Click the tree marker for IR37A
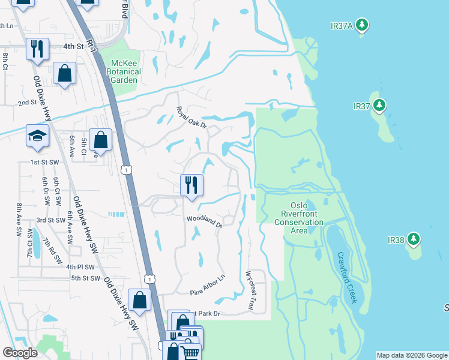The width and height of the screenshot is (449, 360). (x=361, y=25)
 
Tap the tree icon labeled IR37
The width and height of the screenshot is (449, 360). (x=379, y=106)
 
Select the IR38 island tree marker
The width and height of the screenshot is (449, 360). (x=413, y=240)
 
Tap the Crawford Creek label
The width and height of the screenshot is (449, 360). (x=346, y=277)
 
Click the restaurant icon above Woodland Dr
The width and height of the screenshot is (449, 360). (x=191, y=185)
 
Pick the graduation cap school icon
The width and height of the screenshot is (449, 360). (x=37, y=136)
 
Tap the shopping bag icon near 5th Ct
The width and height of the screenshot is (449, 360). (x=101, y=140)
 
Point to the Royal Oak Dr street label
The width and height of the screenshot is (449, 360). (x=191, y=118)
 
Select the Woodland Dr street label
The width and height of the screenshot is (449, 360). (x=204, y=221)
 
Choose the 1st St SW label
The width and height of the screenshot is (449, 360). (x=43, y=163)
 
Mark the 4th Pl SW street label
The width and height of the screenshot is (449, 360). (x=80, y=266)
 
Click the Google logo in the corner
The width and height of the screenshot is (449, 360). (x=20, y=353)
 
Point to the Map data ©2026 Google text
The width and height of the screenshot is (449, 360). (x=412, y=355)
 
